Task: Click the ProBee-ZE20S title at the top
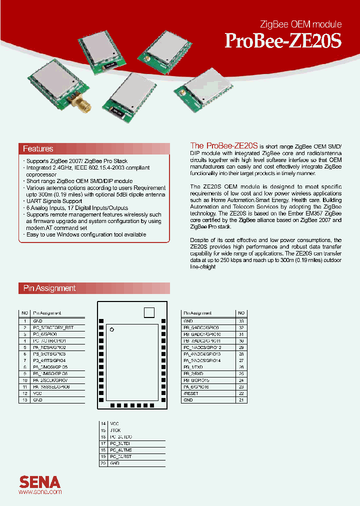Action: pos(283,41)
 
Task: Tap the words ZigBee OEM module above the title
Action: pos(301,24)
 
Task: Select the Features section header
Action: pos(38,149)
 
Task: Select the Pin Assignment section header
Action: pos(49,288)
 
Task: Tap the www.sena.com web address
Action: pos(40,492)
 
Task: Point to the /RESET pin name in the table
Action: pos(191,393)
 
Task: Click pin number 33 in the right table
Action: pos(241,321)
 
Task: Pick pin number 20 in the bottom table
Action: pos(103,463)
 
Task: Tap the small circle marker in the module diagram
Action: pos(112,329)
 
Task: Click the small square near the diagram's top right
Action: pos(149,312)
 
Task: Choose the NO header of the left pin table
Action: pos(24,313)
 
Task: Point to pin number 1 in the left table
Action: pos(24,321)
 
